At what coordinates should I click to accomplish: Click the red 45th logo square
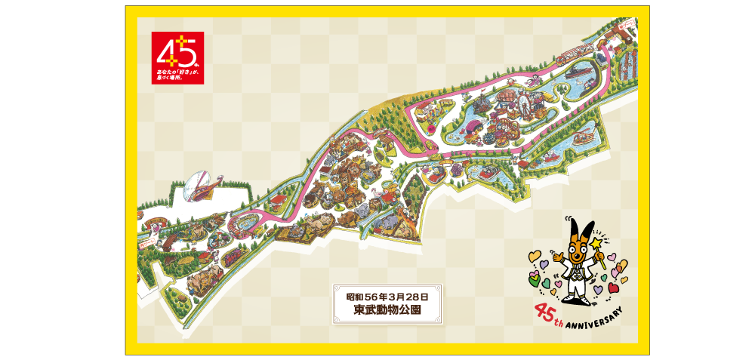(x=177, y=57)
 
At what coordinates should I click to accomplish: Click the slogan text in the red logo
(x=174, y=73)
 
